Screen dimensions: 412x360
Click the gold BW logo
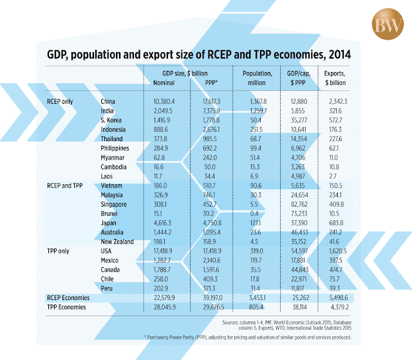point(388,24)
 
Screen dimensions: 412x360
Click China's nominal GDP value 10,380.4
point(164,101)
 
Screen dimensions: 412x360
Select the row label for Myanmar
point(113,158)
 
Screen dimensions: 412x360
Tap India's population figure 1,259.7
point(258,111)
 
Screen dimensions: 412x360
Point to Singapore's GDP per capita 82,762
point(299,204)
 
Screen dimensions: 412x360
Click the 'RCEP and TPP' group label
point(65,185)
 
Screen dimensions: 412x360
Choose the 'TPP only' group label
point(58,251)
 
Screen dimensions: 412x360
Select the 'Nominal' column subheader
point(164,83)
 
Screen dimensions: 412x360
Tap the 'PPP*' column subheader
point(211,83)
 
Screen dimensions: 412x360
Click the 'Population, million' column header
point(257,78)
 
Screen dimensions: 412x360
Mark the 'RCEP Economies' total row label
point(68,298)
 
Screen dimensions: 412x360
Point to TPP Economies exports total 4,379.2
point(340,307)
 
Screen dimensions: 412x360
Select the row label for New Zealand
point(117,242)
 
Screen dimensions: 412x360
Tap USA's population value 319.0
point(257,251)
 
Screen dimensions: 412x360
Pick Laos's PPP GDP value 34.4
point(209,176)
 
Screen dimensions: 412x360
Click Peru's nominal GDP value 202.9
point(161,289)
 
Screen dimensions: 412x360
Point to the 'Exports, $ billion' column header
point(335,78)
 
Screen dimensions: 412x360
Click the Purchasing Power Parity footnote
point(248,337)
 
